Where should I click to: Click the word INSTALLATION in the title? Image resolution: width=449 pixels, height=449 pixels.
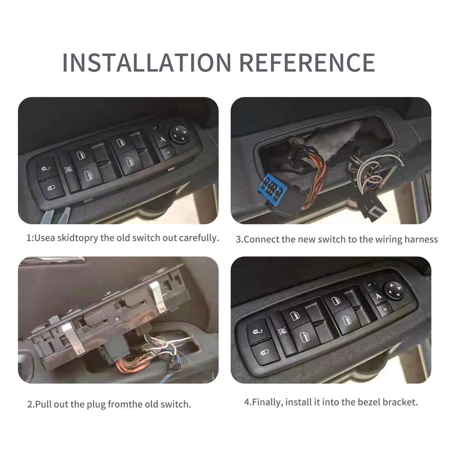click(x=146, y=62)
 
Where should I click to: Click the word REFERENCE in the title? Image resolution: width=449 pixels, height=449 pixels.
click(x=307, y=62)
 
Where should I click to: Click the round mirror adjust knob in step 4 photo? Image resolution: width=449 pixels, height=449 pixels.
click(x=394, y=290)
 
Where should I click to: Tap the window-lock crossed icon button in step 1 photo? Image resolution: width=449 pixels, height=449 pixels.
click(x=68, y=169)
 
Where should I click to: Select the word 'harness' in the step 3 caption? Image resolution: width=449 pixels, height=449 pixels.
click(x=421, y=239)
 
